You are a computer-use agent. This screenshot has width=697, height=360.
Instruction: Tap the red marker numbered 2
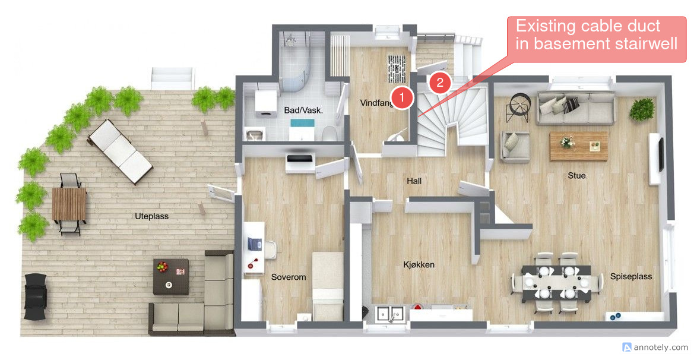[440, 83]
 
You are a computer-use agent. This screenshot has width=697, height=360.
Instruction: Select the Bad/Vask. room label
[303, 110]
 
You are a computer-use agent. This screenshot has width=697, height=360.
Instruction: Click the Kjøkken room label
[419, 265]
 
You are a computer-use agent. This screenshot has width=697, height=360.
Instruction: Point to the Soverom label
[289, 277]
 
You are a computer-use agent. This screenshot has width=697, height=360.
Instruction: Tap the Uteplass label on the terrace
[151, 216]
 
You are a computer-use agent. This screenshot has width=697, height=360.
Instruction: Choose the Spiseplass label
[631, 276]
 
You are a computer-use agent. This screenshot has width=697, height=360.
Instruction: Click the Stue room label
[576, 176]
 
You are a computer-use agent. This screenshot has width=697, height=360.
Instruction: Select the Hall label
[414, 181]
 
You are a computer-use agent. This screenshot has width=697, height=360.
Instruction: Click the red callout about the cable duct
[596, 39]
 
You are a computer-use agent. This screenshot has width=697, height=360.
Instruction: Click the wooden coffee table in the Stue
[579, 146]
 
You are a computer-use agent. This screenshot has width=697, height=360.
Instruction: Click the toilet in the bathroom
[330, 133]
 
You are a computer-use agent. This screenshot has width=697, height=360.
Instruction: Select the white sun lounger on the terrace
[120, 151]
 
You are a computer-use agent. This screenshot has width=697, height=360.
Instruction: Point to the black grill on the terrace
[35, 296]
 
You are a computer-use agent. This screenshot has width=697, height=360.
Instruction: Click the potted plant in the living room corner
[642, 109]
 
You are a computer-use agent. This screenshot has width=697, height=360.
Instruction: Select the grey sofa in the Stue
[576, 108]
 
